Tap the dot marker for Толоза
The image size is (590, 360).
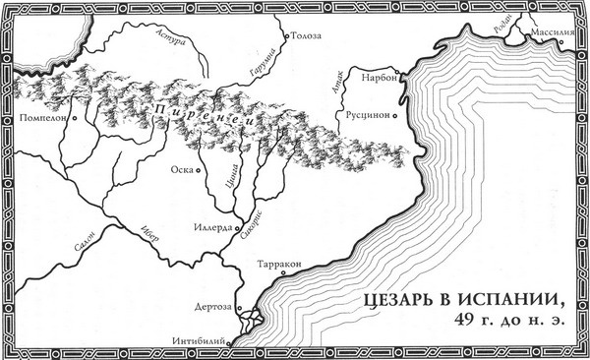[286, 36]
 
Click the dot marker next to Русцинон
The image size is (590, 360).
[394, 115]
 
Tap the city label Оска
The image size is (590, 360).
[182, 169]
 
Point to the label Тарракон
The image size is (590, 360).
[277, 264]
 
